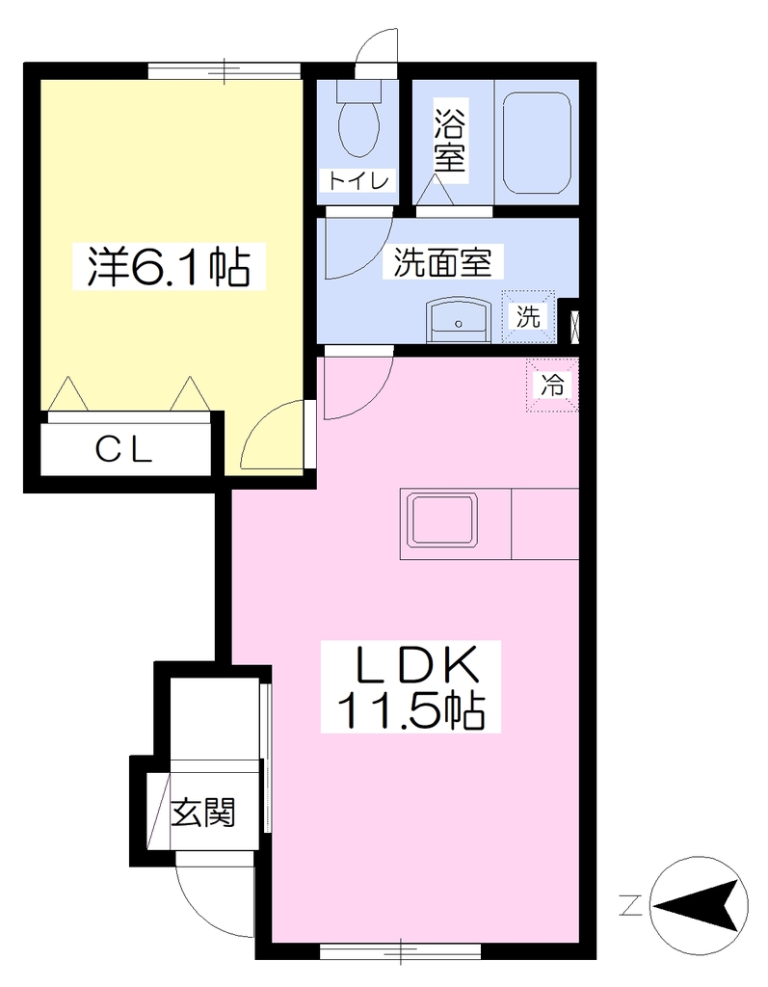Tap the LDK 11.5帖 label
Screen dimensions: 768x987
(x=411, y=686)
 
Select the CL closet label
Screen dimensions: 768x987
(x=124, y=449)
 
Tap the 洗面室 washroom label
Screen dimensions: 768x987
(x=442, y=262)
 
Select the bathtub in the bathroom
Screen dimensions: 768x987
(x=537, y=143)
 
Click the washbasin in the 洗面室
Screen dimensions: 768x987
(x=458, y=320)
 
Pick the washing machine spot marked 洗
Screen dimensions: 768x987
(x=528, y=316)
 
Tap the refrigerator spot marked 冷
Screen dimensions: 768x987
(x=552, y=385)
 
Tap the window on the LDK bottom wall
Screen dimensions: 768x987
(x=401, y=950)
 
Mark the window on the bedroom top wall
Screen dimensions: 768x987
(x=225, y=70)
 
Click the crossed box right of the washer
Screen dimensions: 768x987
(x=574, y=326)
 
